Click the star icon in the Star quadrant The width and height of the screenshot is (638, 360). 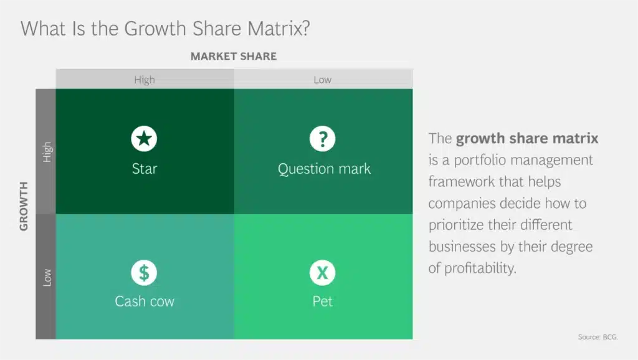[144, 138]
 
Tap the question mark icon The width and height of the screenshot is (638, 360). [323, 138]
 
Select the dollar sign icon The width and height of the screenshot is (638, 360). [144, 272]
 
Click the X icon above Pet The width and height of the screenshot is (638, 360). [323, 272]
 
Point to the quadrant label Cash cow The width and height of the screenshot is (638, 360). [145, 301]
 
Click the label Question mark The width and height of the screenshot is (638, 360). [324, 169]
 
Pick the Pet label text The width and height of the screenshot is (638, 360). [323, 301]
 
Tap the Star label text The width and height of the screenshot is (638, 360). [144, 169]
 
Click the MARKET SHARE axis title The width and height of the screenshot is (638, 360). [233, 56]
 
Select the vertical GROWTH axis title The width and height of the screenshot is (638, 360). [24, 206]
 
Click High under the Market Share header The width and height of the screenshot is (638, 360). [144, 80]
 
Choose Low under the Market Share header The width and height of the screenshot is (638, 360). [323, 80]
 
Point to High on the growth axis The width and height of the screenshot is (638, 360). [47, 152]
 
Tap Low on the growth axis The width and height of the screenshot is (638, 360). [47, 277]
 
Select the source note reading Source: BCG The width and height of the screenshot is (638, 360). [598, 337]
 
